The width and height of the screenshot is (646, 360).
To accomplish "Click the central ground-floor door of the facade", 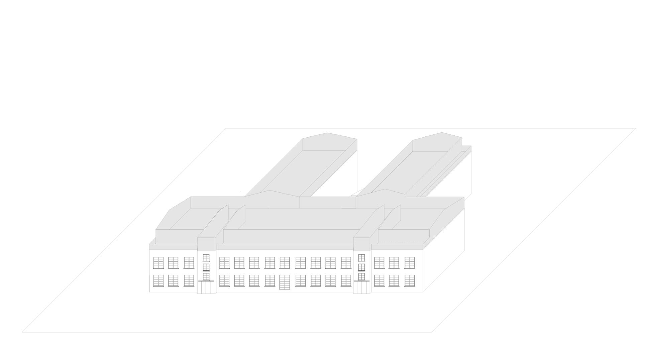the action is coord(285,282).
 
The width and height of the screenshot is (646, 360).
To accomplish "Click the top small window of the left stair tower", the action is coord(206,258).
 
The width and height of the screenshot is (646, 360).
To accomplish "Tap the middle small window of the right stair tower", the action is coord(361,267).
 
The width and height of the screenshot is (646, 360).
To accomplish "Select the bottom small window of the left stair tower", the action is coord(206,276).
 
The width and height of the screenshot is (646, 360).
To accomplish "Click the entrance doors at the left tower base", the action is coord(206,287).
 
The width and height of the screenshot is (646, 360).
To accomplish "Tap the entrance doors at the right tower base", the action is coord(361,287).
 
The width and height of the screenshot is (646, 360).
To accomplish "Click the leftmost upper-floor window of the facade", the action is coord(158,263).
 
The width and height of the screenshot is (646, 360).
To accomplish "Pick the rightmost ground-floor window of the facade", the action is coord(410,281).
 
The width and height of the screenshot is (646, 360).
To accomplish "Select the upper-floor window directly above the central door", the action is coord(285,263).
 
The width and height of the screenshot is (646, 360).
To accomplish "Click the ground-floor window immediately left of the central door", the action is coord(270,281).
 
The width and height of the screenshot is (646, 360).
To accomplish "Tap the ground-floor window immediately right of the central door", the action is coord(301,281).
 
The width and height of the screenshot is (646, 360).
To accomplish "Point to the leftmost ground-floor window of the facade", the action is coord(158,281).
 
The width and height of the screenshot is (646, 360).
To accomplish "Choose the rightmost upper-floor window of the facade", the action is coord(410,263).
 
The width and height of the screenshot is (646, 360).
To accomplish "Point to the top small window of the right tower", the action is coord(361,258).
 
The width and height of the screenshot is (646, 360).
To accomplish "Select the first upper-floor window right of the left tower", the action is coord(224,263).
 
